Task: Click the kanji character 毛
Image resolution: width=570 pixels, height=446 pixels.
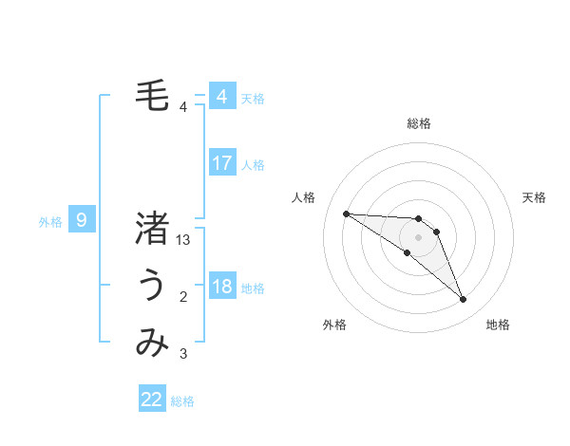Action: click(152, 95)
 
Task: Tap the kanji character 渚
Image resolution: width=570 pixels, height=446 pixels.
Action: click(152, 230)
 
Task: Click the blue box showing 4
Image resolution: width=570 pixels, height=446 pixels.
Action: click(221, 97)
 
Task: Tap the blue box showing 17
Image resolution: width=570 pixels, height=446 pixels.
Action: click(221, 163)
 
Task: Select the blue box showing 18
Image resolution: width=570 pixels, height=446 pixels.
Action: click(221, 287)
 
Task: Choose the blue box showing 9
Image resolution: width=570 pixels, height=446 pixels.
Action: click(82, 221)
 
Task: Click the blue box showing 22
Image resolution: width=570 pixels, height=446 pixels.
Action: click(152, 400)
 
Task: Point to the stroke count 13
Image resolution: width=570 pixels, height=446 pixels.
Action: click(183, 241)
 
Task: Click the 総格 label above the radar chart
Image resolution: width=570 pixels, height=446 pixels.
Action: click(419, 123)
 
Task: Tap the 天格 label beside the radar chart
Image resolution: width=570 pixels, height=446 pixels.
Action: click(534, 197)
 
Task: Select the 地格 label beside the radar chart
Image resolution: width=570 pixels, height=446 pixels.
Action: click(498, 325)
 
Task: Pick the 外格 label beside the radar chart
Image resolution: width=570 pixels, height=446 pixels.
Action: click(334, 325)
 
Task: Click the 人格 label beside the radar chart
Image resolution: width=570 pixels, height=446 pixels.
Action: click(303, 197)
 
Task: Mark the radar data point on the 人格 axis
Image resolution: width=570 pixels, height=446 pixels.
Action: click(346, 214)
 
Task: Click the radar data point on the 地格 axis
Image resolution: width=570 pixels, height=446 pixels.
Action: click(463, 300)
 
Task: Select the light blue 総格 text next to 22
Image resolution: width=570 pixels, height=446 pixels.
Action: click(182, 401)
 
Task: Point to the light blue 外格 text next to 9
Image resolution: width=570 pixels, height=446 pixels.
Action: click(50, 222)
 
